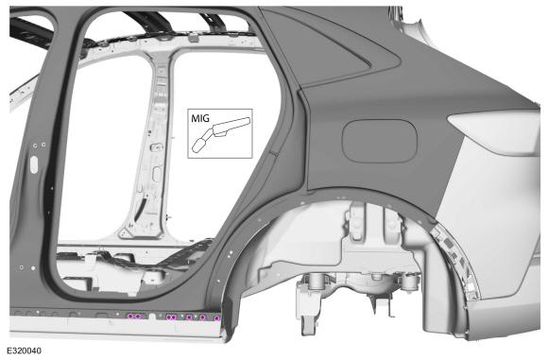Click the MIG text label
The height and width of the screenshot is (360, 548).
pyautogui.click(x=200, y=118)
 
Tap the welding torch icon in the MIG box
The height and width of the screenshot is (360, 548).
pyautogui.click(x=221, y=134)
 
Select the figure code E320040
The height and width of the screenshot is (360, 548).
pyautogui.click(x=24, y=351)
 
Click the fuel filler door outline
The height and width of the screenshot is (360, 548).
pyautogui.click(x=380, y=141)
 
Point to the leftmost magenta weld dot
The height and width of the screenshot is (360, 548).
pyautogui.click(x=130, y=317)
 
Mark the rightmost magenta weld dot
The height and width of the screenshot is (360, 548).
pyautogui.click(x=216, y=318)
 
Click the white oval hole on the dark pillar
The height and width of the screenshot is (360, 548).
pyautogui.click(x=34, y=164)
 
